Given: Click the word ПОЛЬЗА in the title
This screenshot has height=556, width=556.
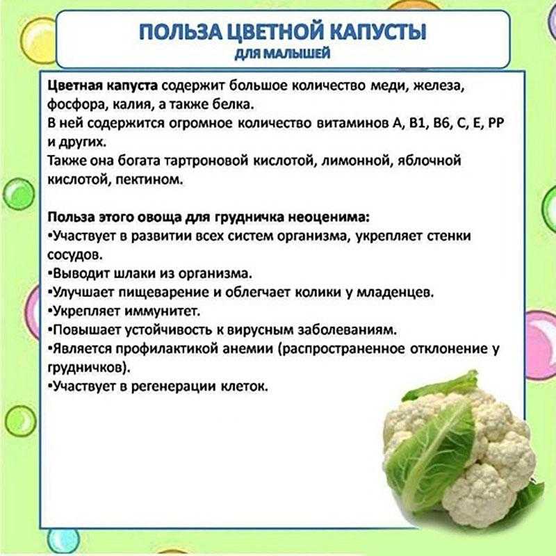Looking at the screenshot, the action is pyautogui.click(x=180, y=31).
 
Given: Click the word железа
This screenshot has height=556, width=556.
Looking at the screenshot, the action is pyautogui.click(x=439, y=86).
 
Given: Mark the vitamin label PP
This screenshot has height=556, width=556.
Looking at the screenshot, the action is pyautogui.click(x=496, y=122).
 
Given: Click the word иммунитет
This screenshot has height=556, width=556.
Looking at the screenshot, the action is pyautogui.click(x=163, y=311).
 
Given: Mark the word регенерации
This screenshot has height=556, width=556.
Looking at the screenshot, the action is pyautogui.click(x=173, y=386).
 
